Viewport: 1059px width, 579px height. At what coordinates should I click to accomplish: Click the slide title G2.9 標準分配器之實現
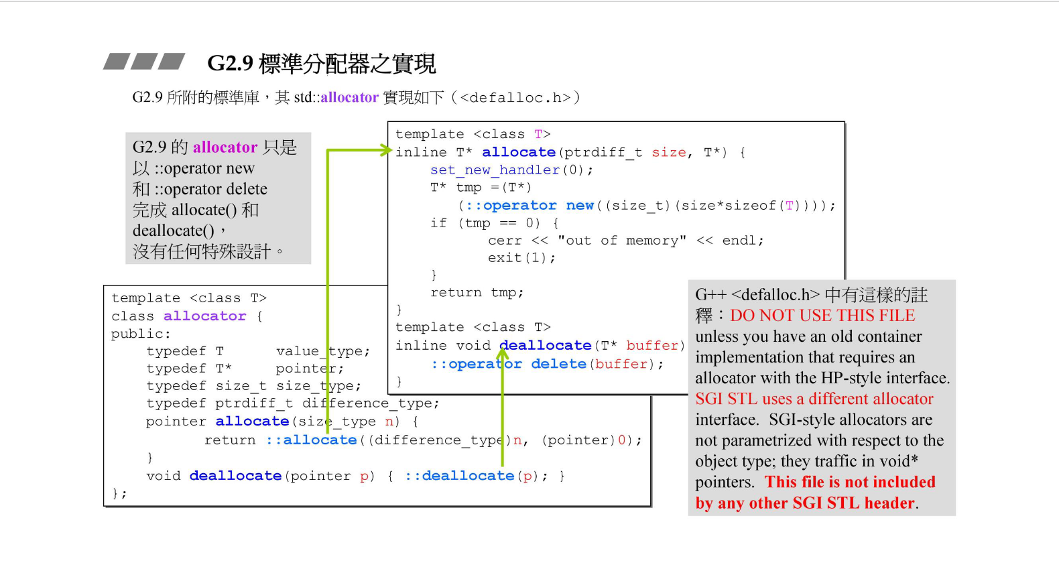tap(321, 64)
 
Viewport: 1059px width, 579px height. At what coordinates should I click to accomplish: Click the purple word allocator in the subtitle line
tap(349, 97)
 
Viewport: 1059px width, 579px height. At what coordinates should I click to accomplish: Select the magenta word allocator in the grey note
tap(225, 147)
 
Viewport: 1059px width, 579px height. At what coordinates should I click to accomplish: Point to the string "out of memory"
tap(621, 241)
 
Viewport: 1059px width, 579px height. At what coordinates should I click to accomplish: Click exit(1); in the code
tap(521, 258)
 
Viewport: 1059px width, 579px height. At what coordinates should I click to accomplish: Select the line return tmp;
tap(477, 292)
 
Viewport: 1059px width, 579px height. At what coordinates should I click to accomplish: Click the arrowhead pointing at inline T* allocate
tap(386, 151)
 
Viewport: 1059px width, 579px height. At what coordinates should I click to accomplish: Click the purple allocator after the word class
tap(204, 316)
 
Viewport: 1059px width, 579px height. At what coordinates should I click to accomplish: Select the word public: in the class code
tap(141, 333)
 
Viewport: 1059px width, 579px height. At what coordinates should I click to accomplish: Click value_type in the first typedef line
tap(321, 350)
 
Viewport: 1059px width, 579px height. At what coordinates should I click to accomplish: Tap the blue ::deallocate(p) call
tap(475, 476)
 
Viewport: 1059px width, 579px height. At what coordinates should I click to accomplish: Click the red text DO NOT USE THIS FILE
tap(822, 316)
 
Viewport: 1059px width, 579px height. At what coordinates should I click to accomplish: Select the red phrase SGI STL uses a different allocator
tap(814, 399)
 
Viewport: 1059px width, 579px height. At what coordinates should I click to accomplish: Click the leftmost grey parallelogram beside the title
tap(117, 62)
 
